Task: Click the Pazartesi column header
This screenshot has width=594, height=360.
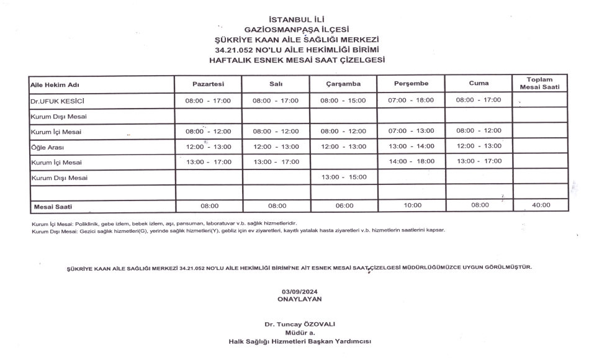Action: (x=208, y=84)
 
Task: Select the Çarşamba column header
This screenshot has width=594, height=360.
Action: (x=343, y=84)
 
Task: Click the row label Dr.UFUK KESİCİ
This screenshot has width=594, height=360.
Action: (x=56, y=100)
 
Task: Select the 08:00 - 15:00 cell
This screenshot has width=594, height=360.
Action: (x=343, y=100)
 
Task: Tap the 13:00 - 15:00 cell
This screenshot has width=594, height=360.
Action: (x=343, y=177)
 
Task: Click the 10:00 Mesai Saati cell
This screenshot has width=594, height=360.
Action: (x=412, y=205)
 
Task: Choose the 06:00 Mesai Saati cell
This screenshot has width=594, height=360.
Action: (x=344, y=205)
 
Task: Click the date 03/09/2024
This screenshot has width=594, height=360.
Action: (x=300, y=291)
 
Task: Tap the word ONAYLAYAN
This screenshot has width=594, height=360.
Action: (x=300, y=299)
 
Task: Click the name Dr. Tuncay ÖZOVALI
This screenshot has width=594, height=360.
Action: (x=300, y=324)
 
